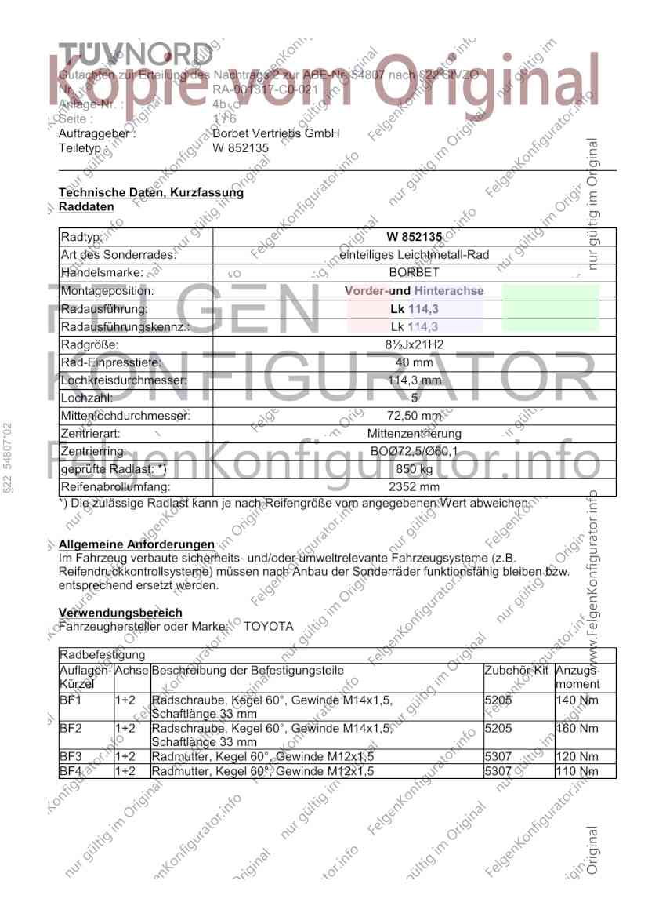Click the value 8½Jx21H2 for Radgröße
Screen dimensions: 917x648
coord(415,345)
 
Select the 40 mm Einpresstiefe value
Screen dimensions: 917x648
coord(415,362)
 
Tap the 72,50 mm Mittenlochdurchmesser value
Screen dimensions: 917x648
coord(415,416)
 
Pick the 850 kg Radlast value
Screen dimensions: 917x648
coord(415,469)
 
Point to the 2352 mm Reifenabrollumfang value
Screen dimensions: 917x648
coord(415,487)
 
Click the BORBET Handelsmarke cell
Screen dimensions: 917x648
coord(415,273)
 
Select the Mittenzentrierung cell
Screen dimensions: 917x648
coord(415,434)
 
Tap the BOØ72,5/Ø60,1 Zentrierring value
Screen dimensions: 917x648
coord(415,452)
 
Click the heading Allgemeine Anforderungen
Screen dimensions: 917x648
coord(136,544)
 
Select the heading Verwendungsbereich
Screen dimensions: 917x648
coord(121,613)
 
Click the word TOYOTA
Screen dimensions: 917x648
coord(269,627)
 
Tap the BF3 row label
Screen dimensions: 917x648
coord(71,757)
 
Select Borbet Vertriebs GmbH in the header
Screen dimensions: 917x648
coord(276,133)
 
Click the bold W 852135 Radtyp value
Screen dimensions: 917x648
coord(415,237)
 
